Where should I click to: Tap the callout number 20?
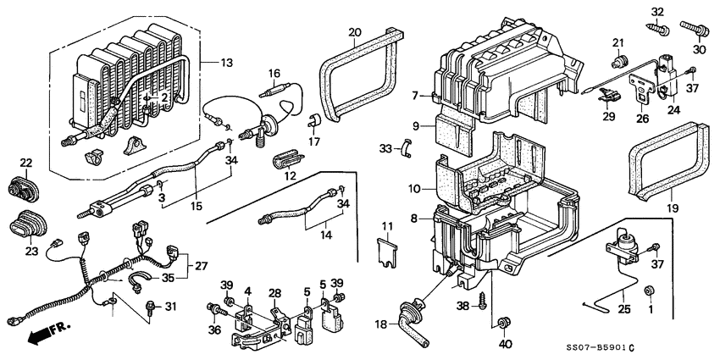354,32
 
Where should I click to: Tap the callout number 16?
274,74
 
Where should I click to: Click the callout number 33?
386,148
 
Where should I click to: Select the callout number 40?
506,344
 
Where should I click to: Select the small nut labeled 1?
650,291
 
